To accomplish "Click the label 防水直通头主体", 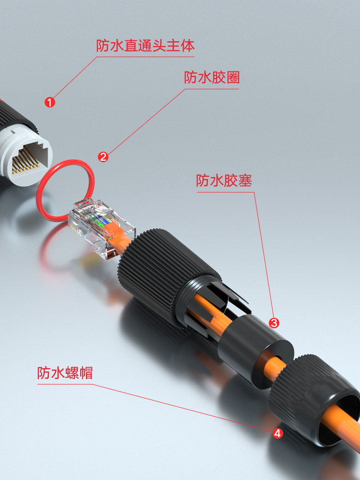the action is point(145,46).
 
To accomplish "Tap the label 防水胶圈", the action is point(212,77).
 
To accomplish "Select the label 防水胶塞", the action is point(224,180).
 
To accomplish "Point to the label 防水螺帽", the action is point(65,373).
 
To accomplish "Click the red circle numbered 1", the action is point(49,102).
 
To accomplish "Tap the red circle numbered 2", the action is point(103,157).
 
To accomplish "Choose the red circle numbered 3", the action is point(274,323).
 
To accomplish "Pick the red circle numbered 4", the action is point(277,433).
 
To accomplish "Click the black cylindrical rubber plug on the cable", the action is point(256,350).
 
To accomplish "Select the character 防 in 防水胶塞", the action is point(203,180).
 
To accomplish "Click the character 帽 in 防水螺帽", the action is point(86,373).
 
